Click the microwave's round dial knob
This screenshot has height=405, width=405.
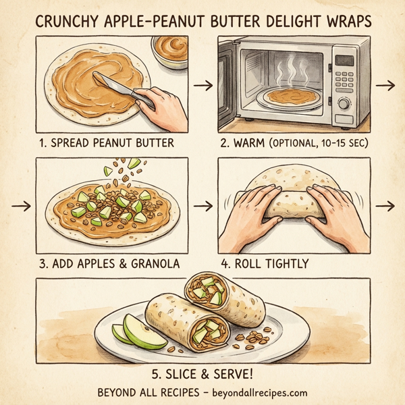point(343,103)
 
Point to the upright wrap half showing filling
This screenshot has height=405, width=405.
point(209,290)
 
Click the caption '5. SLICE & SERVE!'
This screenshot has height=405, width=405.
point(202,372)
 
